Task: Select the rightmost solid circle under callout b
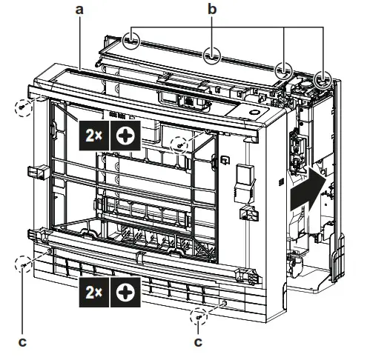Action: pyautogui.click(x=323, y=79)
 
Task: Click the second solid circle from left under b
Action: pyautogui.click(x=211, y=55)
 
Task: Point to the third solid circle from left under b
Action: pyautogui.click(x=283, y=71)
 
